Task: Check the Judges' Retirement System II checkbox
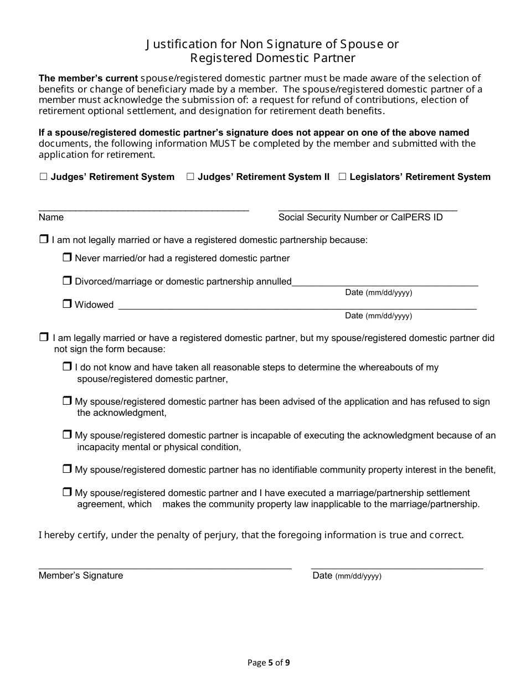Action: coord(190,177)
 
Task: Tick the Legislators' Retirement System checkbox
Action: coord(342,177)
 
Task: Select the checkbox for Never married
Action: coord(67,257)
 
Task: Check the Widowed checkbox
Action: coord(67,304)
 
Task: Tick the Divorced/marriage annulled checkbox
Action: coord(67,281)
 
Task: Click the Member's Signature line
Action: coord(164,566)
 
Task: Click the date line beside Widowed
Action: coord(297,306)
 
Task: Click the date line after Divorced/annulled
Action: coord(385,283)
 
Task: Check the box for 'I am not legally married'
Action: coord(44,240)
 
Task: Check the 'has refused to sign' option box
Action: coord(67,401)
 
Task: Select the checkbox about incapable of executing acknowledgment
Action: coord(67,435)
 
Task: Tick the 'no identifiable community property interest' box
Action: coord(67,470)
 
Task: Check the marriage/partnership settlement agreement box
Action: coord(67,492)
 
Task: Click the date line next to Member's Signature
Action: coord(397,566)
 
